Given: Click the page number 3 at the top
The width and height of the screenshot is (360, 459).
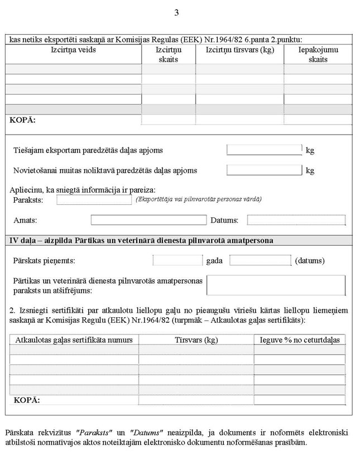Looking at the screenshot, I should click(176, 13).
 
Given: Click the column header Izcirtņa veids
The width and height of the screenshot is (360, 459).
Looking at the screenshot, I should click(73, 50).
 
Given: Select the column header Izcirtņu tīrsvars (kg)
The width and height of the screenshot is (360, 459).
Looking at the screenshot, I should click(239, 50).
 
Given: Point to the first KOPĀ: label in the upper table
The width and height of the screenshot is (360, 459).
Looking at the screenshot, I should click(23, 119).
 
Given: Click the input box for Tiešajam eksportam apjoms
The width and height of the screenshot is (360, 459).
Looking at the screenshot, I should click(264, 150).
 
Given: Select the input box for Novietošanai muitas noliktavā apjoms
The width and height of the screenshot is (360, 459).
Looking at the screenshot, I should click(264, 170).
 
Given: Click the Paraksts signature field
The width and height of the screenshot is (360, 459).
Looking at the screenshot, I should click(94, 200).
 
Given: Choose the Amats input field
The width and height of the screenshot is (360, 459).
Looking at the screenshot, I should click(148, 220).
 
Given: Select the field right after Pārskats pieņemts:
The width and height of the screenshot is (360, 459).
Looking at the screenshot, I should click(177, 260).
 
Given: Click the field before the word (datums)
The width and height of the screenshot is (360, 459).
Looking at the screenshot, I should click(260, 260).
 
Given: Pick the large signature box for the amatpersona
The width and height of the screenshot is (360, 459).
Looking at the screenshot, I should click(276, 285).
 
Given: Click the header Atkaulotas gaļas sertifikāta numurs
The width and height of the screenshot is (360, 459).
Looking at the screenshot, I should click(74, 340).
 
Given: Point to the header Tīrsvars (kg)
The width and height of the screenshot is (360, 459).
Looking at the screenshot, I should click(196, 340).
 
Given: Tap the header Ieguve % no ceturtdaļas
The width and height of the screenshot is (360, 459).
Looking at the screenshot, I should click(299, 340).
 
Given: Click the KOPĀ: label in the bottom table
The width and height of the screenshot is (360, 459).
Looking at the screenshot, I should click(28, 400).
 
